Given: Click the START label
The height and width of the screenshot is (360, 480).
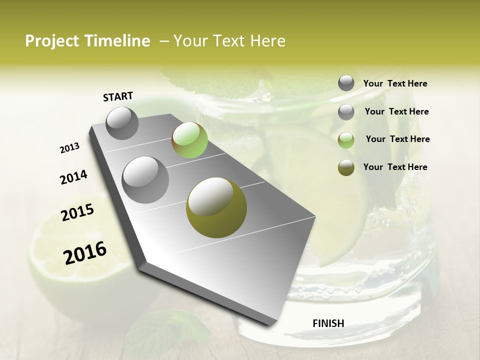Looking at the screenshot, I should coord(118,96).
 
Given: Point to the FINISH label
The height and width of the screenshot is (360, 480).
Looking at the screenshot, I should coord(328,323).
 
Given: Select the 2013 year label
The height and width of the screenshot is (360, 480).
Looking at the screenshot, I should coord(69,148).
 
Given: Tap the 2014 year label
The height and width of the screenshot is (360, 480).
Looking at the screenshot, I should coord(73,177).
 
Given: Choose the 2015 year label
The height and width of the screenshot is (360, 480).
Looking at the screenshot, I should coord(77,213).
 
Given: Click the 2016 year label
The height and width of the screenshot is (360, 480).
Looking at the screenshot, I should coord(85,253).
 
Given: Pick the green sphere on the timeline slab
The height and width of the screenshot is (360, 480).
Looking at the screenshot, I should coord(189,140).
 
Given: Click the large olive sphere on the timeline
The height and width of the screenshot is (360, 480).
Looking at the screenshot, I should coord(216,207).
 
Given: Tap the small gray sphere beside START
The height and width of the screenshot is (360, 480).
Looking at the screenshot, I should coord(122,123).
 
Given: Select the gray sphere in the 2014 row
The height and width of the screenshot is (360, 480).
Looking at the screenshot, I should coord(145,179).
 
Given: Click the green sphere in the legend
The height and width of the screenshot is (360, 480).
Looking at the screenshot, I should coord(346,140).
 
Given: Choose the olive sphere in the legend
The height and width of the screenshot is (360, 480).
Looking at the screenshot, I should coord(346,168).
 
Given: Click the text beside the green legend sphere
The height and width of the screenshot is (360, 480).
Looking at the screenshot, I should coord(397,139).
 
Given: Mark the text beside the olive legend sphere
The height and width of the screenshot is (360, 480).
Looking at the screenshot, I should coord(395,167).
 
